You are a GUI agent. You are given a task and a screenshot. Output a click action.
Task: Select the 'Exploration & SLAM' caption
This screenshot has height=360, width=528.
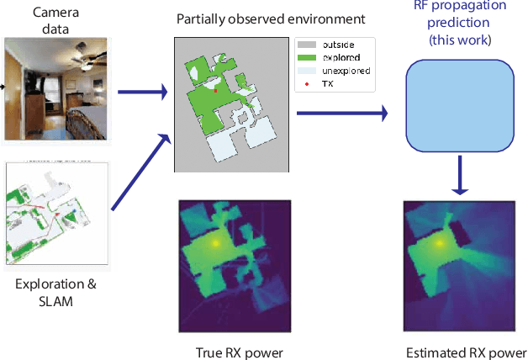pyautogui.click(x=55, y=292)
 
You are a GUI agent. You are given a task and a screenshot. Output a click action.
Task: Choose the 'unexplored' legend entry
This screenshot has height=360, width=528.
pyautogui.click(x=341, y=72)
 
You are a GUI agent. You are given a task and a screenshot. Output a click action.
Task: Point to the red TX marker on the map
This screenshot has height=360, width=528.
pyautogui.click(x=215, y=88)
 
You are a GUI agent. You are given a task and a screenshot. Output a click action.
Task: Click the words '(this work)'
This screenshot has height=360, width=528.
pyautogui.click(x=459, y=40)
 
